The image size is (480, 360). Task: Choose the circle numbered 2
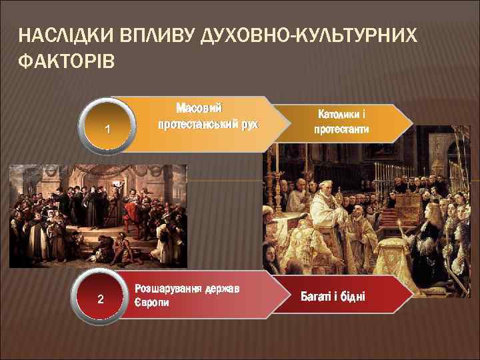coord(101,298)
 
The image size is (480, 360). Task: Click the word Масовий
coord(199,108)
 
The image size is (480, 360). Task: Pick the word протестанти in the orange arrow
coord(341,129)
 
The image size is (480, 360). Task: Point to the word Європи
coord(152,302)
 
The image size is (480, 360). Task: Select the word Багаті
coord(317,295)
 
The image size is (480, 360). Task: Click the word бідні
coord(351,295)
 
